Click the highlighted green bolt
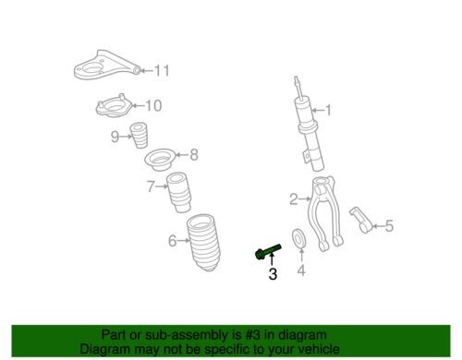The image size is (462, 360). click(268, 251)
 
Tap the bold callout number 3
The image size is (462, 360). click(273, 274)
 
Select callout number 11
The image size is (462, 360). click(162, 70)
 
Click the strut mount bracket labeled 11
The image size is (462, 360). click(105, 66)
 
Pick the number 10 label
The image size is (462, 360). click(153, 105)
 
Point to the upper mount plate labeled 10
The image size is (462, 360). click(114, 105)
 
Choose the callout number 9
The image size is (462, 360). click(115, 137)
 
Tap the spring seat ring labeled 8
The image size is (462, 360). click(160, 160)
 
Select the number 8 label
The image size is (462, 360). click(194, 154)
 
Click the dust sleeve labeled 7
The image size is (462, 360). click(179, 192)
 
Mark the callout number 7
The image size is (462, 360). click(151, 186)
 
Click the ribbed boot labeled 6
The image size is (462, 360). click(203, 242)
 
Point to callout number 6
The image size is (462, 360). click(173, 240)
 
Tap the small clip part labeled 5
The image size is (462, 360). click(361, 221)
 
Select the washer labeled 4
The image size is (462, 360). click(298, 238)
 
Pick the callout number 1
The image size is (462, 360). click(328, 110)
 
